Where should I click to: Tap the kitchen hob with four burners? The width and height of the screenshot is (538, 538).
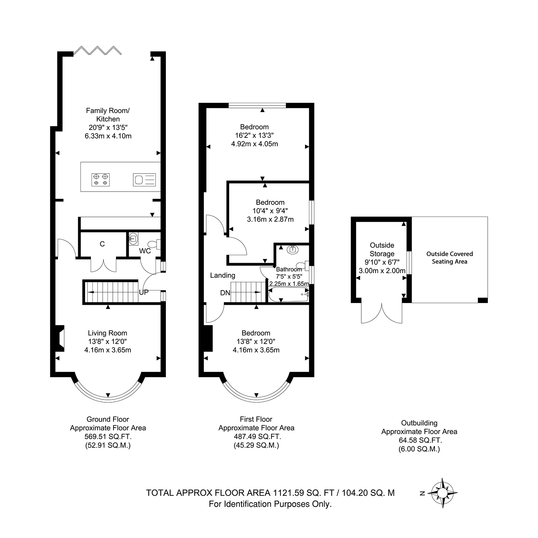click(101, 179)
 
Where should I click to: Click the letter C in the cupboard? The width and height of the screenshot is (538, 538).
click(102, 244)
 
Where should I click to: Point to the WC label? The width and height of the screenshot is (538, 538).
click(145, 251)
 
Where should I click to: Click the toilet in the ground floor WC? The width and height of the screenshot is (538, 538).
click(155, 244)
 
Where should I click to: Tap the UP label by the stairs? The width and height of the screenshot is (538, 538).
click(144, 292)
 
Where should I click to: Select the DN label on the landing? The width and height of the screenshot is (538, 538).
click(225, 293)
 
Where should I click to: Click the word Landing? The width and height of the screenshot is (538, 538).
click(223, 275)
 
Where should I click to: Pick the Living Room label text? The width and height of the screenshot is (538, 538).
click(108, 333)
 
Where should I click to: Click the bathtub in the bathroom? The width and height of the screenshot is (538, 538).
click(288, 295)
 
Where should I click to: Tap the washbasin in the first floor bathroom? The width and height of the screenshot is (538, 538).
click(293, 249)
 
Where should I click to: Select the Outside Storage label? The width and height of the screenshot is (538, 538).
click(382, 250)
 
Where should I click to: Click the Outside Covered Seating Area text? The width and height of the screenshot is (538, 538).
click(449, 258)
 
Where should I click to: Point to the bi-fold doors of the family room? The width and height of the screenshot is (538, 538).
click(98, 50)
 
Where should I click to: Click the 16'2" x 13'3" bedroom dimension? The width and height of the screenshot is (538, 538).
click(254, 135)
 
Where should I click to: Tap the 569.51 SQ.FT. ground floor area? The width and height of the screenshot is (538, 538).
click(108, 437)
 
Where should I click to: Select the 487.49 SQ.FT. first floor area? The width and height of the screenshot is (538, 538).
click(256, 437)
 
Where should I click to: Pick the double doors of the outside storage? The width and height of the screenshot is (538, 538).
click(382, 313)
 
